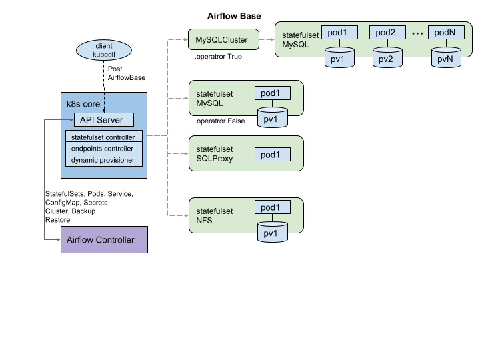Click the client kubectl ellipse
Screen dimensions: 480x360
(104, 50)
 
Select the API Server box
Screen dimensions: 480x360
(104, 120)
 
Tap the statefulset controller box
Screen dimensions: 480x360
(104, 136)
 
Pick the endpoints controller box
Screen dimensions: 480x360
(104, 148)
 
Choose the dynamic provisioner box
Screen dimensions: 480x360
(104, 160)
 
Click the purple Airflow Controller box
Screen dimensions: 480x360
(104, 240)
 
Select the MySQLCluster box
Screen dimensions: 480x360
(223, 39)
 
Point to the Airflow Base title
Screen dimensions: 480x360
(234, 16)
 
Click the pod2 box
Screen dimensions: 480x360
(387, 33)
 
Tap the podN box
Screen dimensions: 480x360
(446, 33)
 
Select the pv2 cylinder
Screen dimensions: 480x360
(387, 57)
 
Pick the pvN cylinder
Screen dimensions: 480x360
(446, 57)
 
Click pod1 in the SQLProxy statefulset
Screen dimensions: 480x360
(273, 155)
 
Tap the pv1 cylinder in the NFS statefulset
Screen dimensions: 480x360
(273, 232)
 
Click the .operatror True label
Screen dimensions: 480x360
(218, 57)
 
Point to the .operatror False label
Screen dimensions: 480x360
(220, 121)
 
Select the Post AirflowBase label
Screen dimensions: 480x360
(127, 73)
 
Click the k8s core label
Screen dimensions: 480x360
(83, 104)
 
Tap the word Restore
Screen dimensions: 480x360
(57, 220)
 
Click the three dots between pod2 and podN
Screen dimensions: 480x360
(417, 33)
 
